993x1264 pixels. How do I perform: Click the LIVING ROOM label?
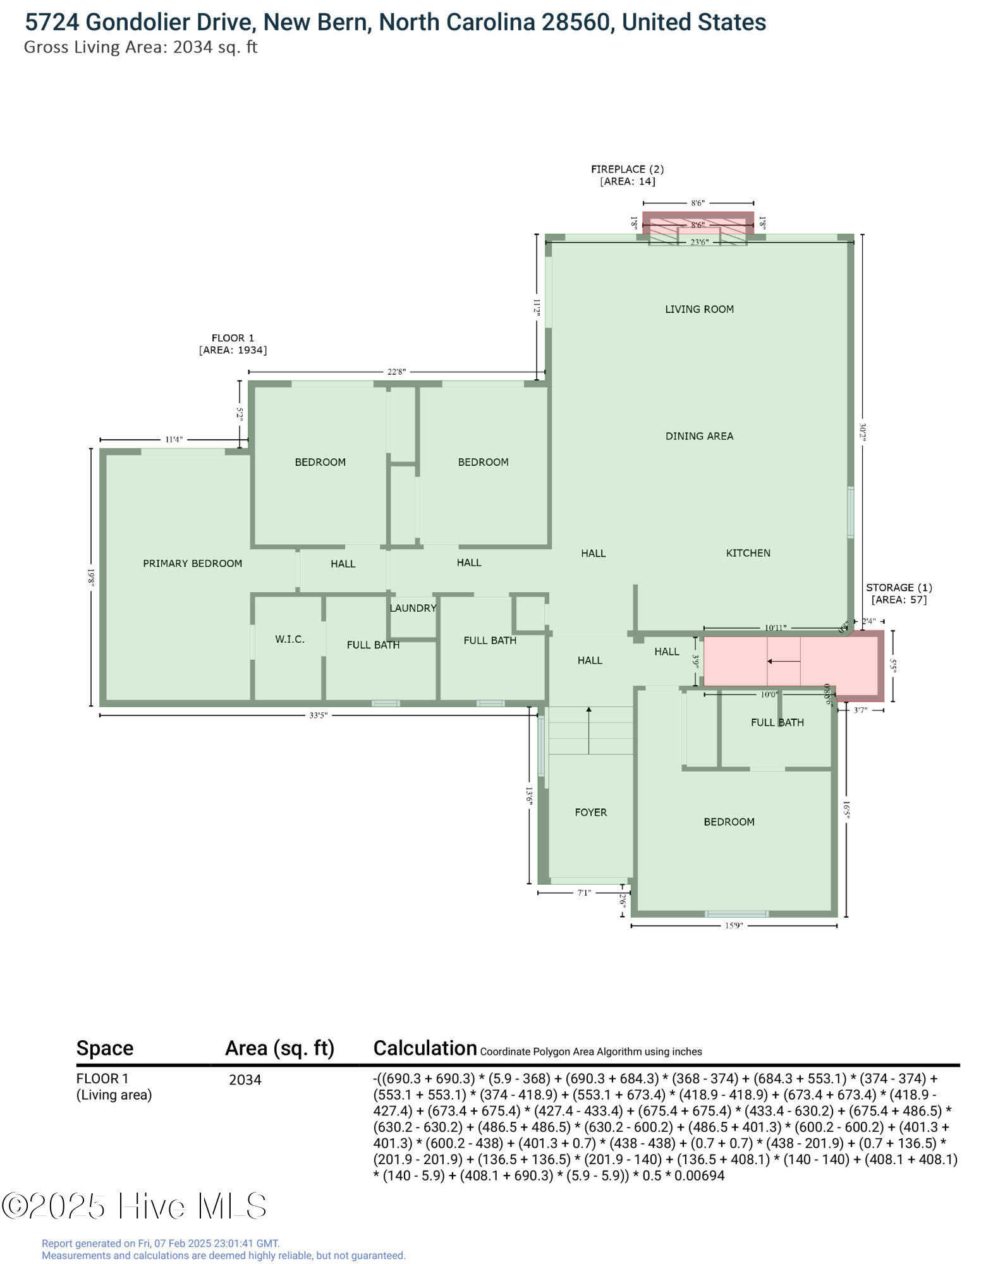click(699, 309)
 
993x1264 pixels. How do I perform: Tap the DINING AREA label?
click(699, 436)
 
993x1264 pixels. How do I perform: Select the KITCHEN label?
click(748, 553)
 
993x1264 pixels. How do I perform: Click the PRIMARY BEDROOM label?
click(192, 563)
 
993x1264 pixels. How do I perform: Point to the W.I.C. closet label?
click(289, 640)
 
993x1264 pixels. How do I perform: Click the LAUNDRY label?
click(413, 608)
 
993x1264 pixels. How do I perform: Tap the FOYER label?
click(590, 812)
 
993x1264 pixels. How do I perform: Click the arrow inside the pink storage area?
click(783, 661)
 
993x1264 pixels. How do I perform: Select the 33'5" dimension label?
click(318, 715)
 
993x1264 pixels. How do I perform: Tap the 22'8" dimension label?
click(396, 372)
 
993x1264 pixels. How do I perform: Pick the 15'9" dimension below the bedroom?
click(733, 926)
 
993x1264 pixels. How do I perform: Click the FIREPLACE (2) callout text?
click(627, 169)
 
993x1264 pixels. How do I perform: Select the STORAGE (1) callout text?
click(898, 588)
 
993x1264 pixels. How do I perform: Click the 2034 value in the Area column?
click(245, 1080)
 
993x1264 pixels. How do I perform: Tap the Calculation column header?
click(425, 1048)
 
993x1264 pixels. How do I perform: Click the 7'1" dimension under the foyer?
click(583, 893)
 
